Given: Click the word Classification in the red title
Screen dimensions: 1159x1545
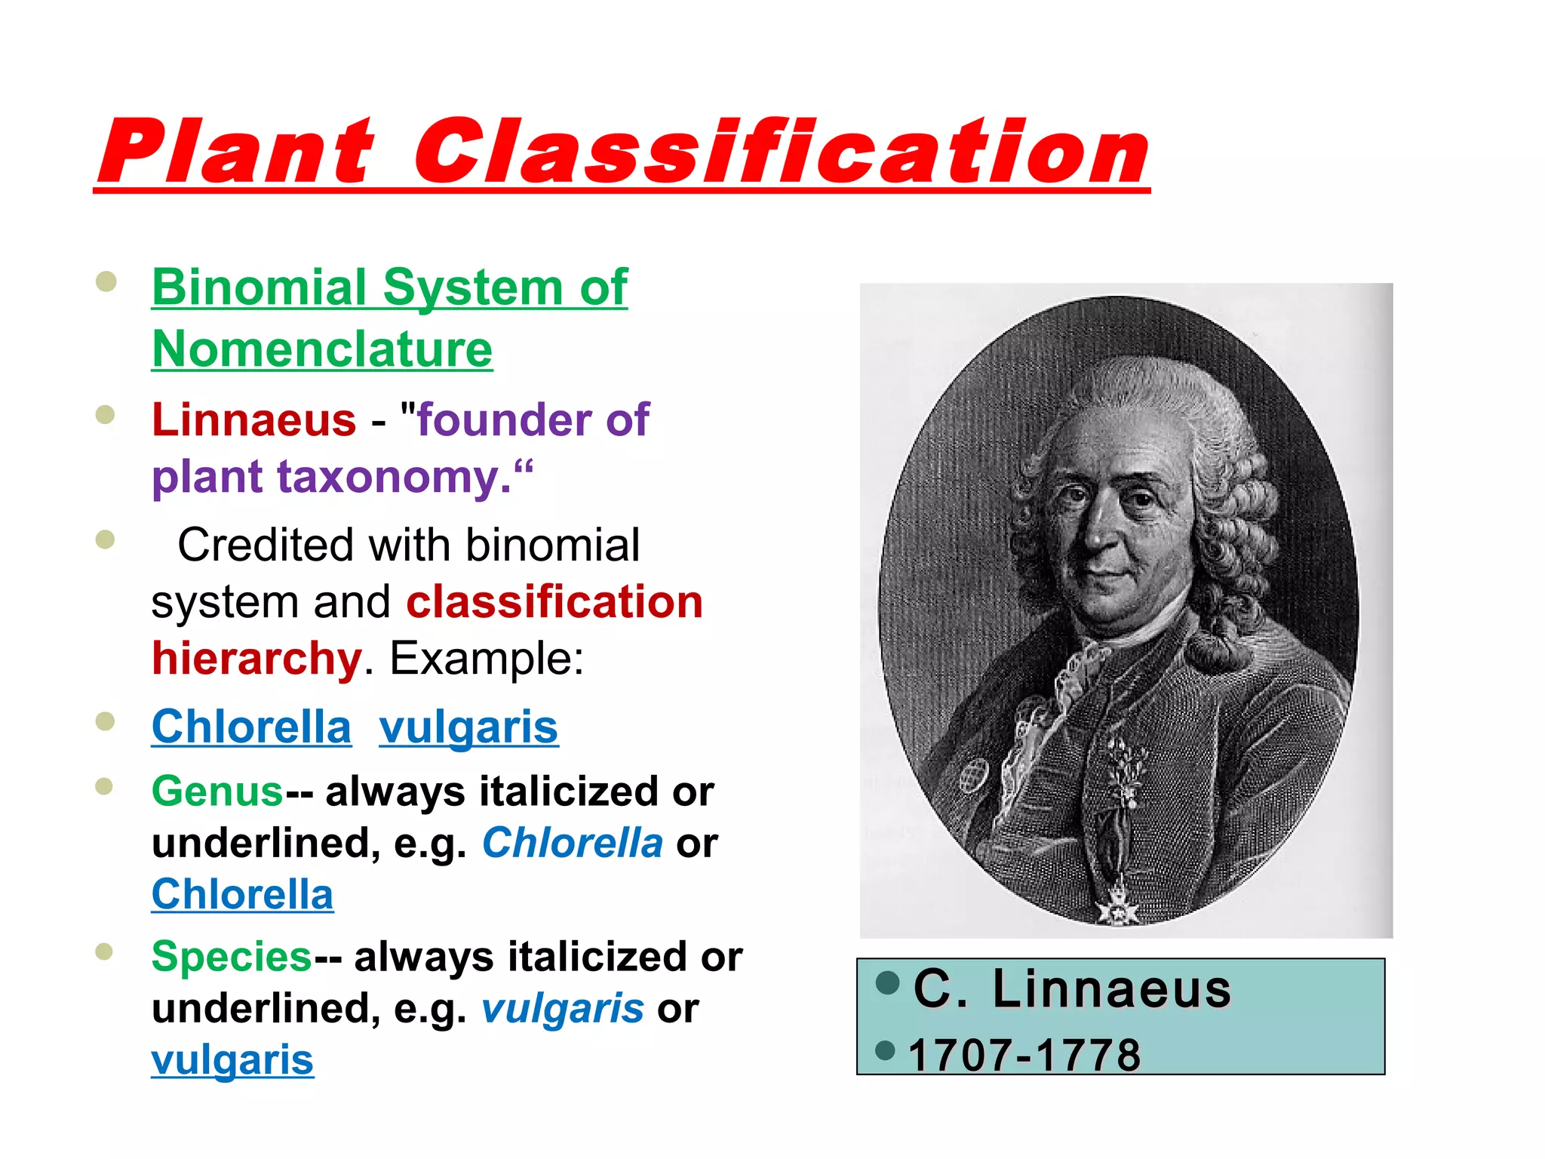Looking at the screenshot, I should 781,152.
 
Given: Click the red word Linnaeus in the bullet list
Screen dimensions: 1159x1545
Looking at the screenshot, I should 253,420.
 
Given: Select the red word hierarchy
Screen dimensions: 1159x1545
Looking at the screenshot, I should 256,658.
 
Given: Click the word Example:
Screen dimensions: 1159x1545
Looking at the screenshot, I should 486,658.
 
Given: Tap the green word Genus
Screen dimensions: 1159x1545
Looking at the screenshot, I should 217,792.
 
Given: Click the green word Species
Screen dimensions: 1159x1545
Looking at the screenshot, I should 231,957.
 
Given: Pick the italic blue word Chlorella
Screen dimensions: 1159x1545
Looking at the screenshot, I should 572,843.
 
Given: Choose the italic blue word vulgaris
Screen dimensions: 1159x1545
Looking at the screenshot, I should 562,1009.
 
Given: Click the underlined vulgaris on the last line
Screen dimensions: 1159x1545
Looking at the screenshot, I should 232,1060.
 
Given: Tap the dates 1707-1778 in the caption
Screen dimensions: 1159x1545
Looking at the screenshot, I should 1024,1054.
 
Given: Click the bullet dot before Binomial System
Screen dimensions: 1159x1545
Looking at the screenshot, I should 106,281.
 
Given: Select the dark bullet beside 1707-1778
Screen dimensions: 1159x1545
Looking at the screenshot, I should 884,1050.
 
